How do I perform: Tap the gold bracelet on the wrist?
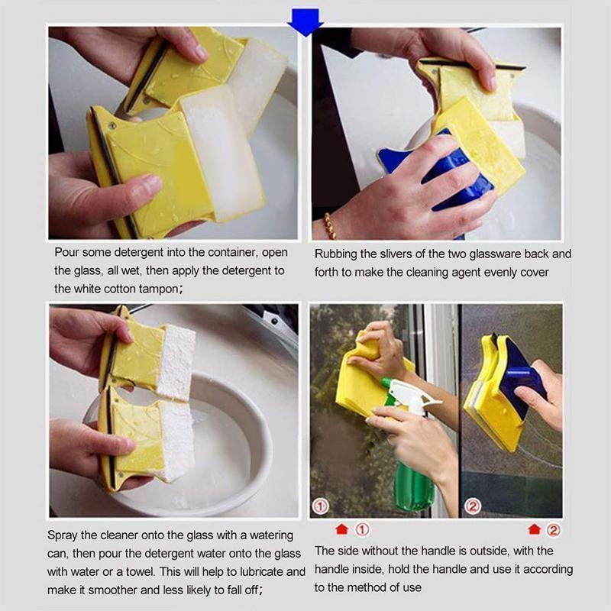[x=330, y=226]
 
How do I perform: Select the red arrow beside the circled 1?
[x=340, y=529]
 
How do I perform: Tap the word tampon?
[x=157, y=289]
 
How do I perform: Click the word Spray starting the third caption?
[x=63, y=535]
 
